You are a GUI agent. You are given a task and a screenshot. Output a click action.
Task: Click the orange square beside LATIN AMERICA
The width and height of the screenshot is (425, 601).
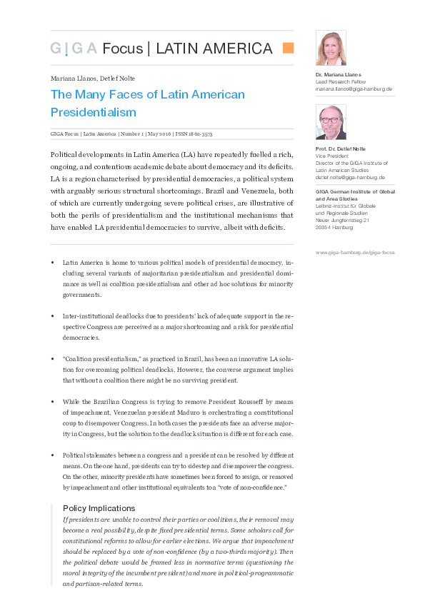click(x=289, y=49)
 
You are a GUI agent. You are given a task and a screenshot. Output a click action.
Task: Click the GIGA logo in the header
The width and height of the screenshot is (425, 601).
click(x=74, y=49)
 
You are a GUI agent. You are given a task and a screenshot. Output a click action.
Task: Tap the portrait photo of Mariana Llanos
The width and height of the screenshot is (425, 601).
click(x=331, y=49)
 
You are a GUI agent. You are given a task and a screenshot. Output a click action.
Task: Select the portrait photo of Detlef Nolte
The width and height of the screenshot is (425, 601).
click(x=331, y=122)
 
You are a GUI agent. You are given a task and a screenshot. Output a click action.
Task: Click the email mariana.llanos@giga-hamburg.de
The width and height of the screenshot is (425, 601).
click(x=354, y=89)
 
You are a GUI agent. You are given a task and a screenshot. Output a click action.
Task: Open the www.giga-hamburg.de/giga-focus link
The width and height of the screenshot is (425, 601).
click(x=354, y=252)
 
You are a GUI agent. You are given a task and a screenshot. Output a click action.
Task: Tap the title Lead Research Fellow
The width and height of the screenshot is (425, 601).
click(x=340, y=82)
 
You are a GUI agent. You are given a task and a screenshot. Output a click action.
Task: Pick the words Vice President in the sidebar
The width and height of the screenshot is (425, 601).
click(x=331, y=156)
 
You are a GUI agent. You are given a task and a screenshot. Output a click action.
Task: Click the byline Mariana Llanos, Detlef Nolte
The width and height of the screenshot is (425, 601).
click(x=93, y=79)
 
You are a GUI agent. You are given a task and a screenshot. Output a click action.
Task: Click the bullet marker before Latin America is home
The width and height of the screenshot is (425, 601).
click(x=53, y=263)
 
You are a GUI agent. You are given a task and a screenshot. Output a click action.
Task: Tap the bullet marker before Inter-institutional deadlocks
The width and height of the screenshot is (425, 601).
click(x=53, y=315)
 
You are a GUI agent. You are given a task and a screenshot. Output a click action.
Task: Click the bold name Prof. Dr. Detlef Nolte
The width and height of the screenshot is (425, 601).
click(x=340, y=148)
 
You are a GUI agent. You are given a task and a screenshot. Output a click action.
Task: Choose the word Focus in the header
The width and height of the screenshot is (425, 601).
click(x=122, y=49)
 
